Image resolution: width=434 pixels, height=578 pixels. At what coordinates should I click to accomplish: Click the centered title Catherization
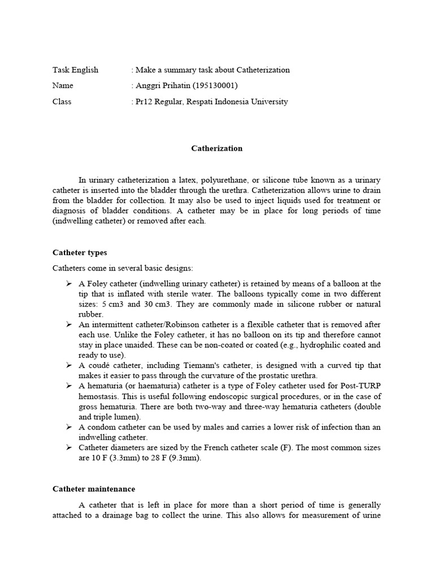click(x=216, y=148)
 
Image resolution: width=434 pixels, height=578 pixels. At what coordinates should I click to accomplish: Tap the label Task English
click(x=75, y=70)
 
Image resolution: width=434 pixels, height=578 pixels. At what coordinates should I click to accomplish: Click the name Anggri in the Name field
click(x=148, y=86)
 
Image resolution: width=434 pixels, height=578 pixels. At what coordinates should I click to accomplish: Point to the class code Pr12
click(x=145, y=102)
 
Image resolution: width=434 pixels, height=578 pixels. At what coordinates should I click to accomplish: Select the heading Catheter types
click(x=80, y=252)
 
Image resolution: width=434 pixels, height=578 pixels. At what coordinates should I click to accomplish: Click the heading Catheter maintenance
click(x=94, y=488)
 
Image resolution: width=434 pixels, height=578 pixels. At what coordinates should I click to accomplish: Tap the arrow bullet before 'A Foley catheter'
click(x=68, y=283)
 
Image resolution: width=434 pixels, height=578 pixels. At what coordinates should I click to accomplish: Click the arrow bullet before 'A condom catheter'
click(x=68, y=427)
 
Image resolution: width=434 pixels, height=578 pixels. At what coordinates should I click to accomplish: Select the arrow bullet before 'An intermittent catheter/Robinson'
click(x=68, y=324)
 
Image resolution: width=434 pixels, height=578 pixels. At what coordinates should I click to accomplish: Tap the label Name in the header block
click(x=63, y=86)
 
